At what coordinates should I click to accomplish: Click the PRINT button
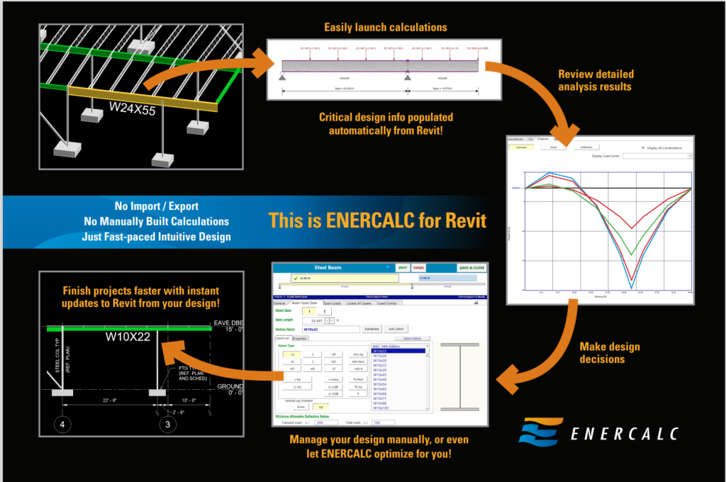coord(402,268)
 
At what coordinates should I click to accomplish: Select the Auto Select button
coord(396,329)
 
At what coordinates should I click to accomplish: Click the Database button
coord(372,329)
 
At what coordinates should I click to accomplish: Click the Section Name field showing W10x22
coord(330,329)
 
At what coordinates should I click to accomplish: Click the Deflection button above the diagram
coord(586,147)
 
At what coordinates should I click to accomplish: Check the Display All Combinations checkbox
coord(642,147)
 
